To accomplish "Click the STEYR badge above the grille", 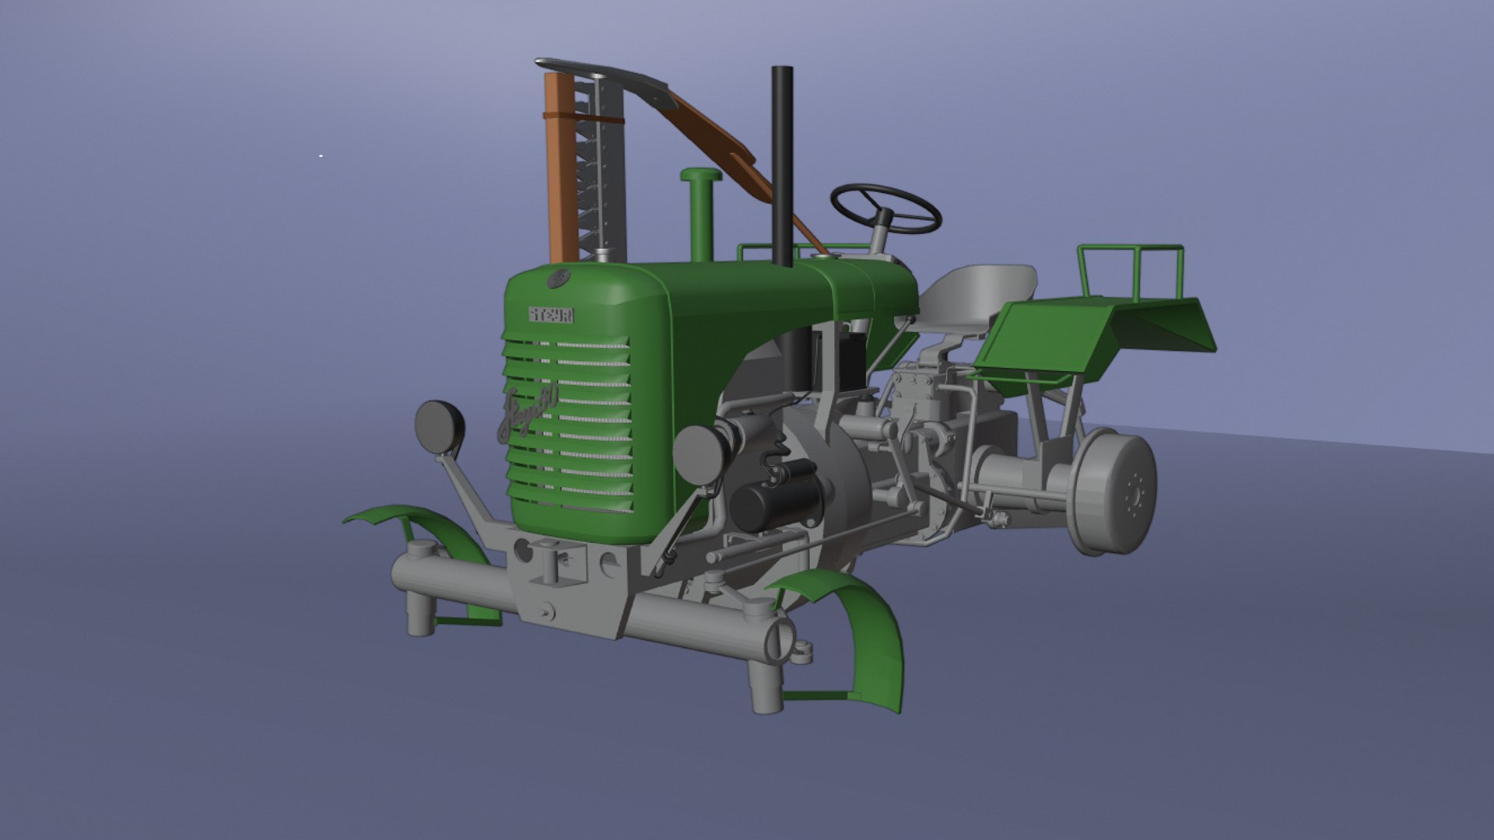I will click(x=552, y=315).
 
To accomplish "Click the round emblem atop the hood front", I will click(x=558, y=278).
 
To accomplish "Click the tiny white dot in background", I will click(x=321, y=156).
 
